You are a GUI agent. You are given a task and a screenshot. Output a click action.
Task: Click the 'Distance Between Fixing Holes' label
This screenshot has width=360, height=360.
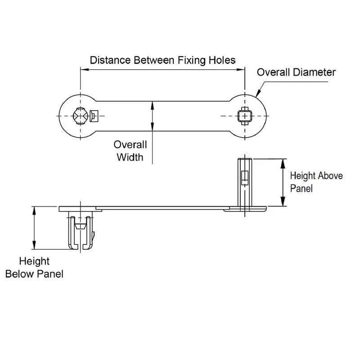[x=162, y=60]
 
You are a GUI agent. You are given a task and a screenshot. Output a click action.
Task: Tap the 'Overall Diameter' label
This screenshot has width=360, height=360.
[x=296, y=72]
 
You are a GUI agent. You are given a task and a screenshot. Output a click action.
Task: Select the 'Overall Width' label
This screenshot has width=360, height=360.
[x=130, y=151]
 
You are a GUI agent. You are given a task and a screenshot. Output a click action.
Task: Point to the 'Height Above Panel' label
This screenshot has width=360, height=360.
[x=316, y=182]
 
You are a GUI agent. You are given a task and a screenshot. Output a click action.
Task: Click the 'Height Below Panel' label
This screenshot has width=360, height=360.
[x=34, y=267]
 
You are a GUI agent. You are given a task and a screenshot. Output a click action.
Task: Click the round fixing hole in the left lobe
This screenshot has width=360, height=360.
[x=80, y=116]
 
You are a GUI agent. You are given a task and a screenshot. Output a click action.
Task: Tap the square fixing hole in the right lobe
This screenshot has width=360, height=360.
[x=244, y=116]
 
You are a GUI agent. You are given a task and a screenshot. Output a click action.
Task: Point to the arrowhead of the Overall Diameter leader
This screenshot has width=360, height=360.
[x=257, y=95]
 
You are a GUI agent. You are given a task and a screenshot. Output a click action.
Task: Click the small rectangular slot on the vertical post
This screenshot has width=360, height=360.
[x=245, y=178]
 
